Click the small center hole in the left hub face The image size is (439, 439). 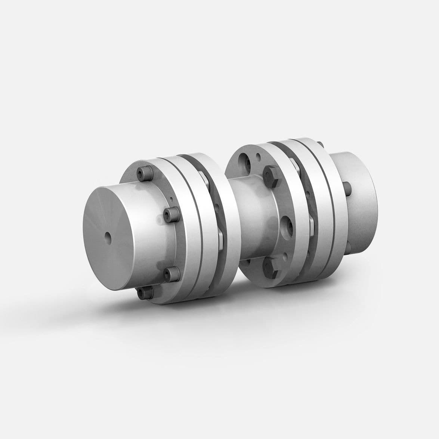click(108, 236)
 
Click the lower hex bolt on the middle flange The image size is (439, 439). click(270, 266)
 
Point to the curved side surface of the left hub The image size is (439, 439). click(149, 239)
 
